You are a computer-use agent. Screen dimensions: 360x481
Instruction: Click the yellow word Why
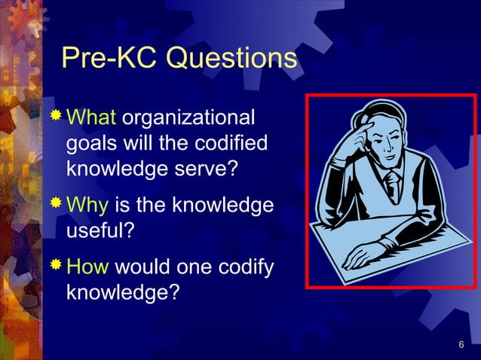(x=88, y=205)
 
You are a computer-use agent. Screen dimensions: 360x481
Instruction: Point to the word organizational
(x=188, y=119)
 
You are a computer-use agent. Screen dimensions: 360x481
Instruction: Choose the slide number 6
(x=461, y=345)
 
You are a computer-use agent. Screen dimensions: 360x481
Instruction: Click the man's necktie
(x=393, y=185)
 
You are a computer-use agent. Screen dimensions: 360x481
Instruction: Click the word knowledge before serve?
(x=124, y=168)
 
